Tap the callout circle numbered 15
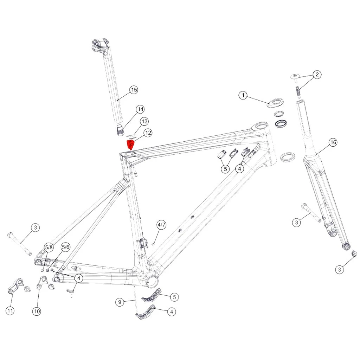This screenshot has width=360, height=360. (134, 90)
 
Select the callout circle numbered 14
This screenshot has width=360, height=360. (140, 109)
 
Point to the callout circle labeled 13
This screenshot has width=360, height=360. (144, 121)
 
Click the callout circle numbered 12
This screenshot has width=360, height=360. (148, 133)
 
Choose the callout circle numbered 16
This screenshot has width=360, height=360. (333, 143)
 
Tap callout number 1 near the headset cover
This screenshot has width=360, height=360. (243, 95)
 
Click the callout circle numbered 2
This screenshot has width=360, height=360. (317, 75)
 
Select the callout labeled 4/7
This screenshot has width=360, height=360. (161, 225)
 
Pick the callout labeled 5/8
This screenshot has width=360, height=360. (49, 247)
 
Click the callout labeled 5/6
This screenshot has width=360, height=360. (65, 247)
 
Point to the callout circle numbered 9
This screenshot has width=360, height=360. (120, 302)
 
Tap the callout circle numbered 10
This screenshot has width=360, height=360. (37, 311)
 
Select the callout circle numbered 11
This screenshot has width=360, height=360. (10, 311)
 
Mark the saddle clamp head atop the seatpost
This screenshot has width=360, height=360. (101, 46)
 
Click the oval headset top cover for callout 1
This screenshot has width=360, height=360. (275, 102)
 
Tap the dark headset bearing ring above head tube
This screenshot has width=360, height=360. (282, 123)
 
